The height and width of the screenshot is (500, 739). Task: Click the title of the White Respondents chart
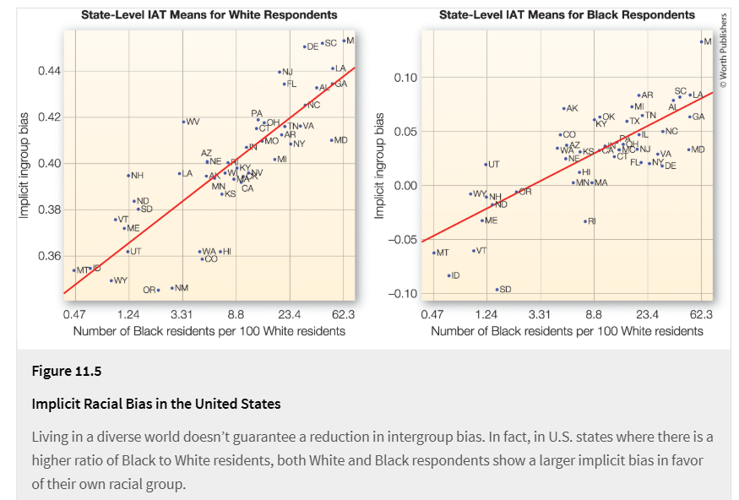coord(209,14)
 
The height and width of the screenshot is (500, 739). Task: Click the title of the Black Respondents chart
coord(567,14)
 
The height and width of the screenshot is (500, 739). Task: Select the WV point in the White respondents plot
coord(183,122)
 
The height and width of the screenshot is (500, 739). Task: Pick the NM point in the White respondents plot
coord(172,288)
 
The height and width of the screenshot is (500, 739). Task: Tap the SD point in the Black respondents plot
coord(497,289)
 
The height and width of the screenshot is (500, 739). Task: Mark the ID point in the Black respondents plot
coord(448,275)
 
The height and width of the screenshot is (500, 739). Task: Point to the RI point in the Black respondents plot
coord(584,221)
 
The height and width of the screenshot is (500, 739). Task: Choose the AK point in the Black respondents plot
coord(563,108)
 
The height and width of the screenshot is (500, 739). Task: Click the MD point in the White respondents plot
coord(331,140)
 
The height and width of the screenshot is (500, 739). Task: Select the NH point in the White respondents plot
coord(128,176)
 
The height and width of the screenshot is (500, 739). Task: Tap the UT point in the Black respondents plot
coord(486,165)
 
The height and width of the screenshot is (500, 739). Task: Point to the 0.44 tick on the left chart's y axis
coord(49,71)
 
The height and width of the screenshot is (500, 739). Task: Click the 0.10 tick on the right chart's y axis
coord(406,78)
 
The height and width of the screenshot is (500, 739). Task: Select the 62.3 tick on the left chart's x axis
coord(343,314)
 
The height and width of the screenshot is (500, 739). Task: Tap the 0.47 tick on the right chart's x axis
coord(432,314)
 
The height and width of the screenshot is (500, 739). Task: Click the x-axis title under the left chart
coord(209,331)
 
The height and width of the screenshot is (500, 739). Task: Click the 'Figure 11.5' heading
coord(66,372)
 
